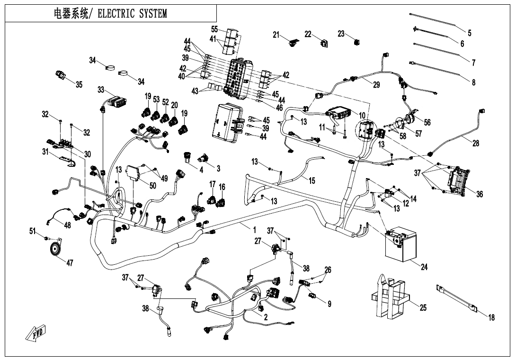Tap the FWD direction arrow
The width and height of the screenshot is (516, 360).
(35, 335)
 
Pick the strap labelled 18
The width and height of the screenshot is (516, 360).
(457, 298)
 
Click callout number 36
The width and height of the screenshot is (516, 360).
(480, 194)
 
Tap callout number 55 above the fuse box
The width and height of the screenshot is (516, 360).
(214, 29)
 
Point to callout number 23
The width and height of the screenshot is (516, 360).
(341, 34)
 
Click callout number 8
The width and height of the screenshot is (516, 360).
(473, 82)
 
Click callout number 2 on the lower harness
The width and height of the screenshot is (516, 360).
(266, 317)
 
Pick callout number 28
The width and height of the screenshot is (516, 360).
(475, 144)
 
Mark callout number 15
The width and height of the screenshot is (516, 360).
(311, 180)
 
